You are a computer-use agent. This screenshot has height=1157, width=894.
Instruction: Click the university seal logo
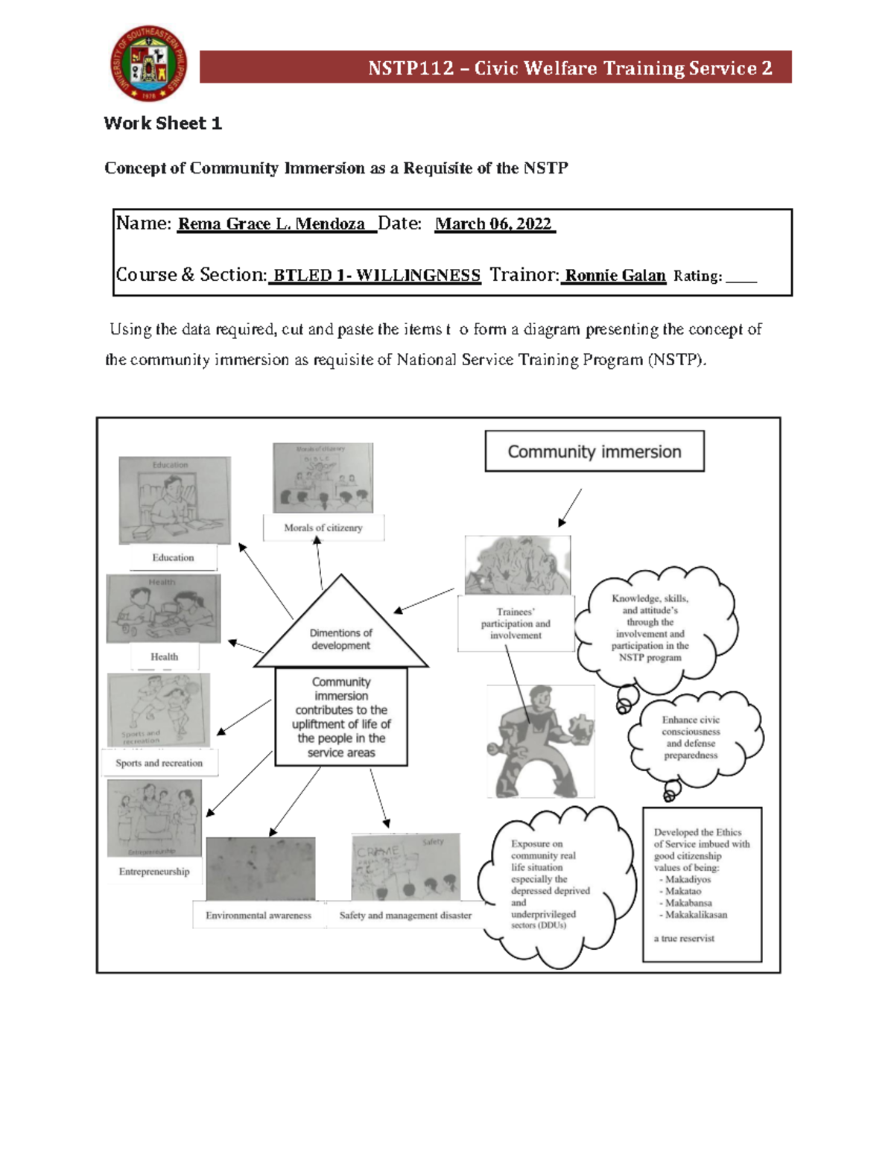(x=149, y=63)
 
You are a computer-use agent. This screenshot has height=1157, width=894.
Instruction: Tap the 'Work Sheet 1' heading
(x=162, y=124)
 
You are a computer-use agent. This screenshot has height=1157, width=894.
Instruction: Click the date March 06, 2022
(x=493, y=224)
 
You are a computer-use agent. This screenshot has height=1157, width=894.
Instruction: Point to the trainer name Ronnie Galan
(x=615, y=276)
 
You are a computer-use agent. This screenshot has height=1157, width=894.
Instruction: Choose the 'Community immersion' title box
(x=594, y=451)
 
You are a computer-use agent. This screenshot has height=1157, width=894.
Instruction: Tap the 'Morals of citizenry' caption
(x=323, y=528)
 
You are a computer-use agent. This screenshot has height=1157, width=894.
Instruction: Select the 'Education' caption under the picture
(x=173, y=558)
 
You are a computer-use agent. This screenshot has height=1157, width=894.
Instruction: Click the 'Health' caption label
(x=165, y=657)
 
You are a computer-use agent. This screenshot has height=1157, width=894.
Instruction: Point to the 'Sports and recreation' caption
(x=159, y=764)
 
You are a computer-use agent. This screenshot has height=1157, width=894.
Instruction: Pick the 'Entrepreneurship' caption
(x=154, y=872)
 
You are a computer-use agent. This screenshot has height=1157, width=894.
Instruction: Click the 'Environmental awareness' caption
(x=259, y=916)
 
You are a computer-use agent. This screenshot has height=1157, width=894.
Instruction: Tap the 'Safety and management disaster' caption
(x=405, y=916)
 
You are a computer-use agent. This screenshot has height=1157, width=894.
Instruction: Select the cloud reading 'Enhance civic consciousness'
(x=691, y=738)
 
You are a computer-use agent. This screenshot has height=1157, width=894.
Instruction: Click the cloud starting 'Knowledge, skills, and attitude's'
(x=650, y=627)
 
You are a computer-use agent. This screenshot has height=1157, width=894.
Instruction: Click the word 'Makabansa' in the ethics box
(x=688, y=903)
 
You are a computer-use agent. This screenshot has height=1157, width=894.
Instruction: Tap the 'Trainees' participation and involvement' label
(x=516, y=624)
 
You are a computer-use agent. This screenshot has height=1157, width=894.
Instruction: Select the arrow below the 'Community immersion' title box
(x=570, y=508)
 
